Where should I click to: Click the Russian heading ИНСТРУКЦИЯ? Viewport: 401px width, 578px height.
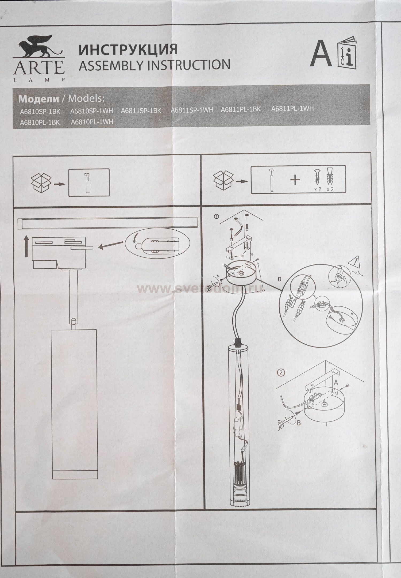coord(128,50)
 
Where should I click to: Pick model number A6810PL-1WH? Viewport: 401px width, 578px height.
coord(92,122)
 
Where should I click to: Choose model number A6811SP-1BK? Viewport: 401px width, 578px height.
coord(141,111)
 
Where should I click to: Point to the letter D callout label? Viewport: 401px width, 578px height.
coord(279,280)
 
